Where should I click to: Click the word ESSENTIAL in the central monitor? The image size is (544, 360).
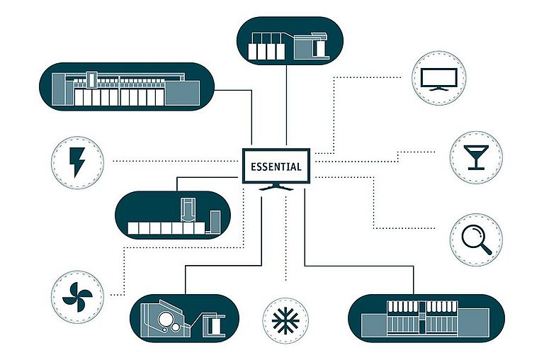coord(276,167)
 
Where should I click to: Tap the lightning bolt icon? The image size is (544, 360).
coord(76,162)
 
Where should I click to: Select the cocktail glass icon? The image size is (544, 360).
coord(476,157)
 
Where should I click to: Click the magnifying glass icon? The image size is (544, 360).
coord(477,240)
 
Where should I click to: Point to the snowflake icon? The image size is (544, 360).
coord(285,320)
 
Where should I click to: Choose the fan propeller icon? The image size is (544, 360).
coord(77,297)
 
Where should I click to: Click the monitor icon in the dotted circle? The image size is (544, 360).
coord(439,79)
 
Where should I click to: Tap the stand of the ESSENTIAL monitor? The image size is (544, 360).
coord(276,187)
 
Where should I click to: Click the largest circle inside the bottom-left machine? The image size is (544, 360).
coord(165,317)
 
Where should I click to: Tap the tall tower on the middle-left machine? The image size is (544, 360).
coord(188,210)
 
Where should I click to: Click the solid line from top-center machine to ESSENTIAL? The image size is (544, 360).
coord(286,105)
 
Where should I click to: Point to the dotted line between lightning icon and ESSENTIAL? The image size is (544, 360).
coord(175,161)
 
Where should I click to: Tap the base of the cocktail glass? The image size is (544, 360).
coord(476,169)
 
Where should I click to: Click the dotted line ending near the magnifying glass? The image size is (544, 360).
coord(375,203)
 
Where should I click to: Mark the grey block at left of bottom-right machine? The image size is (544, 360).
coord(374,325)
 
